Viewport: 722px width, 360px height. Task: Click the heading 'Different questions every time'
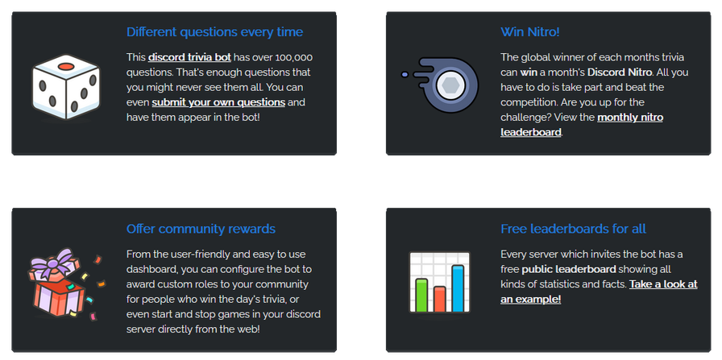[214, 32]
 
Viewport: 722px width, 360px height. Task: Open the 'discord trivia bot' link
[189, 57]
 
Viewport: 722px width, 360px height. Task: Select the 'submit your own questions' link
[218, 102]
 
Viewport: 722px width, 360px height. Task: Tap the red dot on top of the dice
[66, 66]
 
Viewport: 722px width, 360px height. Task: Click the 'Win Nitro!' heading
[530, 32]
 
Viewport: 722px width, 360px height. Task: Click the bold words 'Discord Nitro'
[620, 72]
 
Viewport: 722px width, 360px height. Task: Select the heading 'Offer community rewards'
[201, 229]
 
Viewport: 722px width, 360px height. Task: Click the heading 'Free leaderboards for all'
[573, 229]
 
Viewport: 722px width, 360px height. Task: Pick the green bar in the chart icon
[421, 295]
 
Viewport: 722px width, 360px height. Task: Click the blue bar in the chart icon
[458, 288]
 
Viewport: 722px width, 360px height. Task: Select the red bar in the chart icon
[440, 300]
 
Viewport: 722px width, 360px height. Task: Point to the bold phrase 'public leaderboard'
[569, 269]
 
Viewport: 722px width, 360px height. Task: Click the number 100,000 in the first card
[294, 57]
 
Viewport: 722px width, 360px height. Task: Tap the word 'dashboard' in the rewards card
[150, 269]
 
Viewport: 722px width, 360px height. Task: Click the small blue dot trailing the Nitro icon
[405, 74]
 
